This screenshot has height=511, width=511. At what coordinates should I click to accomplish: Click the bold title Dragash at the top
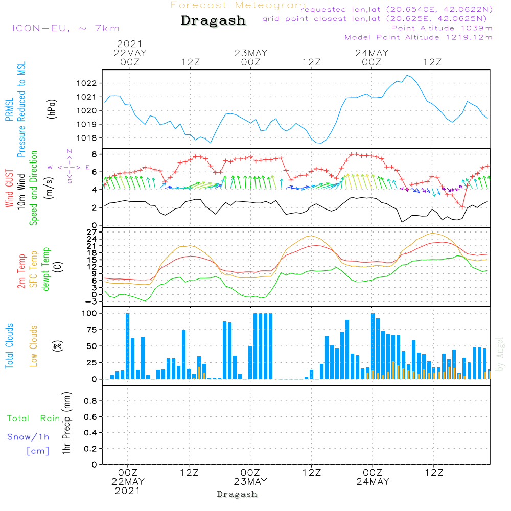213,21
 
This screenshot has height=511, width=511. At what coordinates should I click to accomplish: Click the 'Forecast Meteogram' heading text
238,5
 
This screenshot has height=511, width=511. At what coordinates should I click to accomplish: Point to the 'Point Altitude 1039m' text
442,28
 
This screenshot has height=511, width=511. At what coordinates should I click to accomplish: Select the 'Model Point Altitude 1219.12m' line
419,37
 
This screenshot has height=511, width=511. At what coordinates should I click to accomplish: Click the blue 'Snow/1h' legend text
28,437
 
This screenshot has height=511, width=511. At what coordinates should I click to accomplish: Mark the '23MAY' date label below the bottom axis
251,482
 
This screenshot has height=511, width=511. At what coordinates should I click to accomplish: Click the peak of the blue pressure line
407,75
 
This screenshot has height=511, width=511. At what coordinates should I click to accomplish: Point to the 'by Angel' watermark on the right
500,354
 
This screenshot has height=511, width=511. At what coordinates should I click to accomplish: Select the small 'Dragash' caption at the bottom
237,494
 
